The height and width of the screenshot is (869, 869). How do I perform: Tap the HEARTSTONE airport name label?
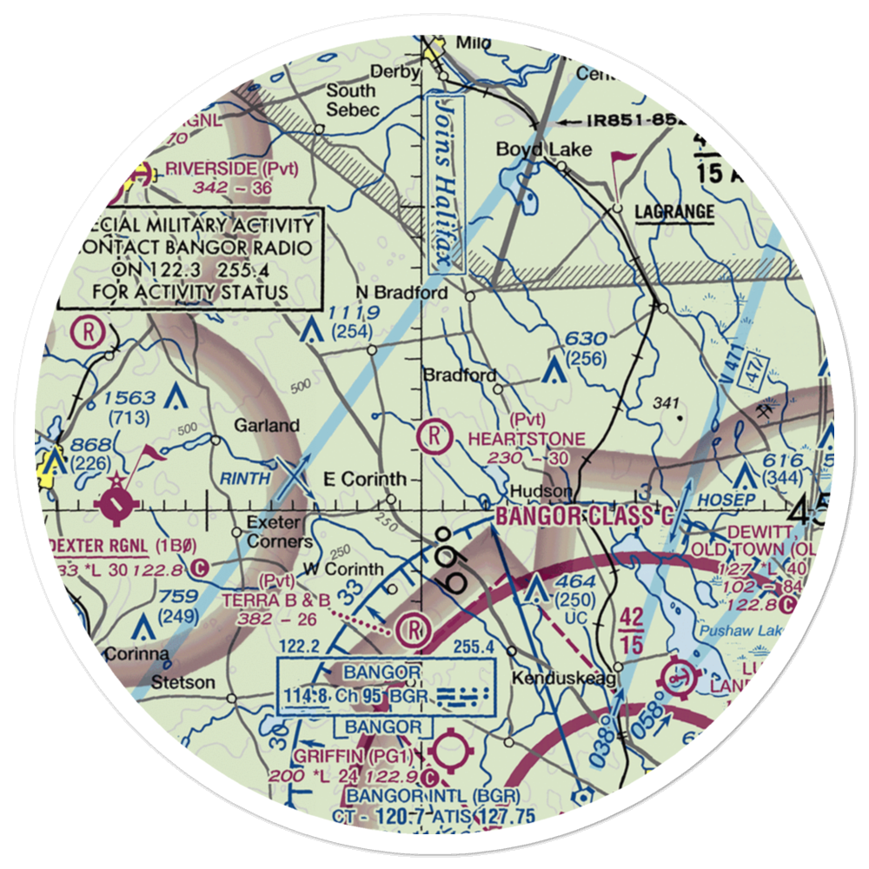click(x=527, y=439)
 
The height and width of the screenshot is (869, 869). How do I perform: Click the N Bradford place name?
click(x=402, y=293)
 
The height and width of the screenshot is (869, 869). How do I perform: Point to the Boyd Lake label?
click(x=543, y=149)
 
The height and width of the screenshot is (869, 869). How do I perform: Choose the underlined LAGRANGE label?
click(x=674, y=212)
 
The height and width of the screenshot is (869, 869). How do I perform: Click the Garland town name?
click(x=266, y=426)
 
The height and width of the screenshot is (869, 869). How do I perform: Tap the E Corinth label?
click(x=364, y=479)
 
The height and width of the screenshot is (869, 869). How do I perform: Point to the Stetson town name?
click(x=182, y=682)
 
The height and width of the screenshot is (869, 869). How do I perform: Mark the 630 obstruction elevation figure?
click(x=584, y=338)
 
